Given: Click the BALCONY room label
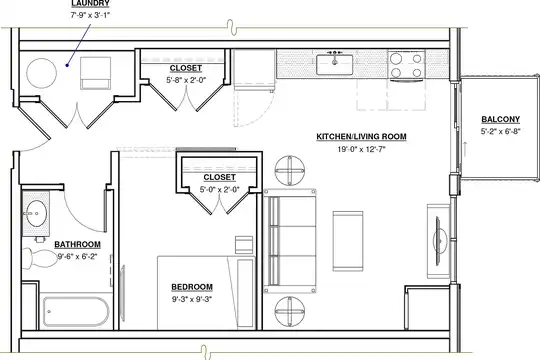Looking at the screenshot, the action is pos(500,120).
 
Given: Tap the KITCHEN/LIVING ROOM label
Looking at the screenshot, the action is pos(361,137).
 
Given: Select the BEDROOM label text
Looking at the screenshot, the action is pos(192,287).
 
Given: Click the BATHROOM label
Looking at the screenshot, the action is pos(77,245).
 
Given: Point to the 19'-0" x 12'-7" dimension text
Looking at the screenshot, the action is pos(361,149).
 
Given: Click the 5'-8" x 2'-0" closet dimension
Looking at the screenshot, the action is pos(186,80).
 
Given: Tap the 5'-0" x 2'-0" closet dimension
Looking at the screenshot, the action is pos(219,189).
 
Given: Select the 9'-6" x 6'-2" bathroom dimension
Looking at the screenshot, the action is pos(77,257).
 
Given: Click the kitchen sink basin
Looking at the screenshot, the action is pos(334,64).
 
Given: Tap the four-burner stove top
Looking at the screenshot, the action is pos(406,65).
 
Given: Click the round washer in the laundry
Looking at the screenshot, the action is pos(41,73).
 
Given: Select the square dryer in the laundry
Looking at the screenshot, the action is pos(95,73).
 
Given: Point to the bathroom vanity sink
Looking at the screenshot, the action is pos(36,214).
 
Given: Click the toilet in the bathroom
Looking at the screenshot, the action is pos(40,258).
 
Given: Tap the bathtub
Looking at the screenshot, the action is pos(76,311).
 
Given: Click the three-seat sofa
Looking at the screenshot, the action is pos(290,241).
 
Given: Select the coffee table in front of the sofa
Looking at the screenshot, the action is pos(348,241).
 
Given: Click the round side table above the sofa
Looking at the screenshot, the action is pos(290,171).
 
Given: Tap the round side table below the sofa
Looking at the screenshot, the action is pos(290,311).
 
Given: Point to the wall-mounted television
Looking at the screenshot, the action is pos(439,241).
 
